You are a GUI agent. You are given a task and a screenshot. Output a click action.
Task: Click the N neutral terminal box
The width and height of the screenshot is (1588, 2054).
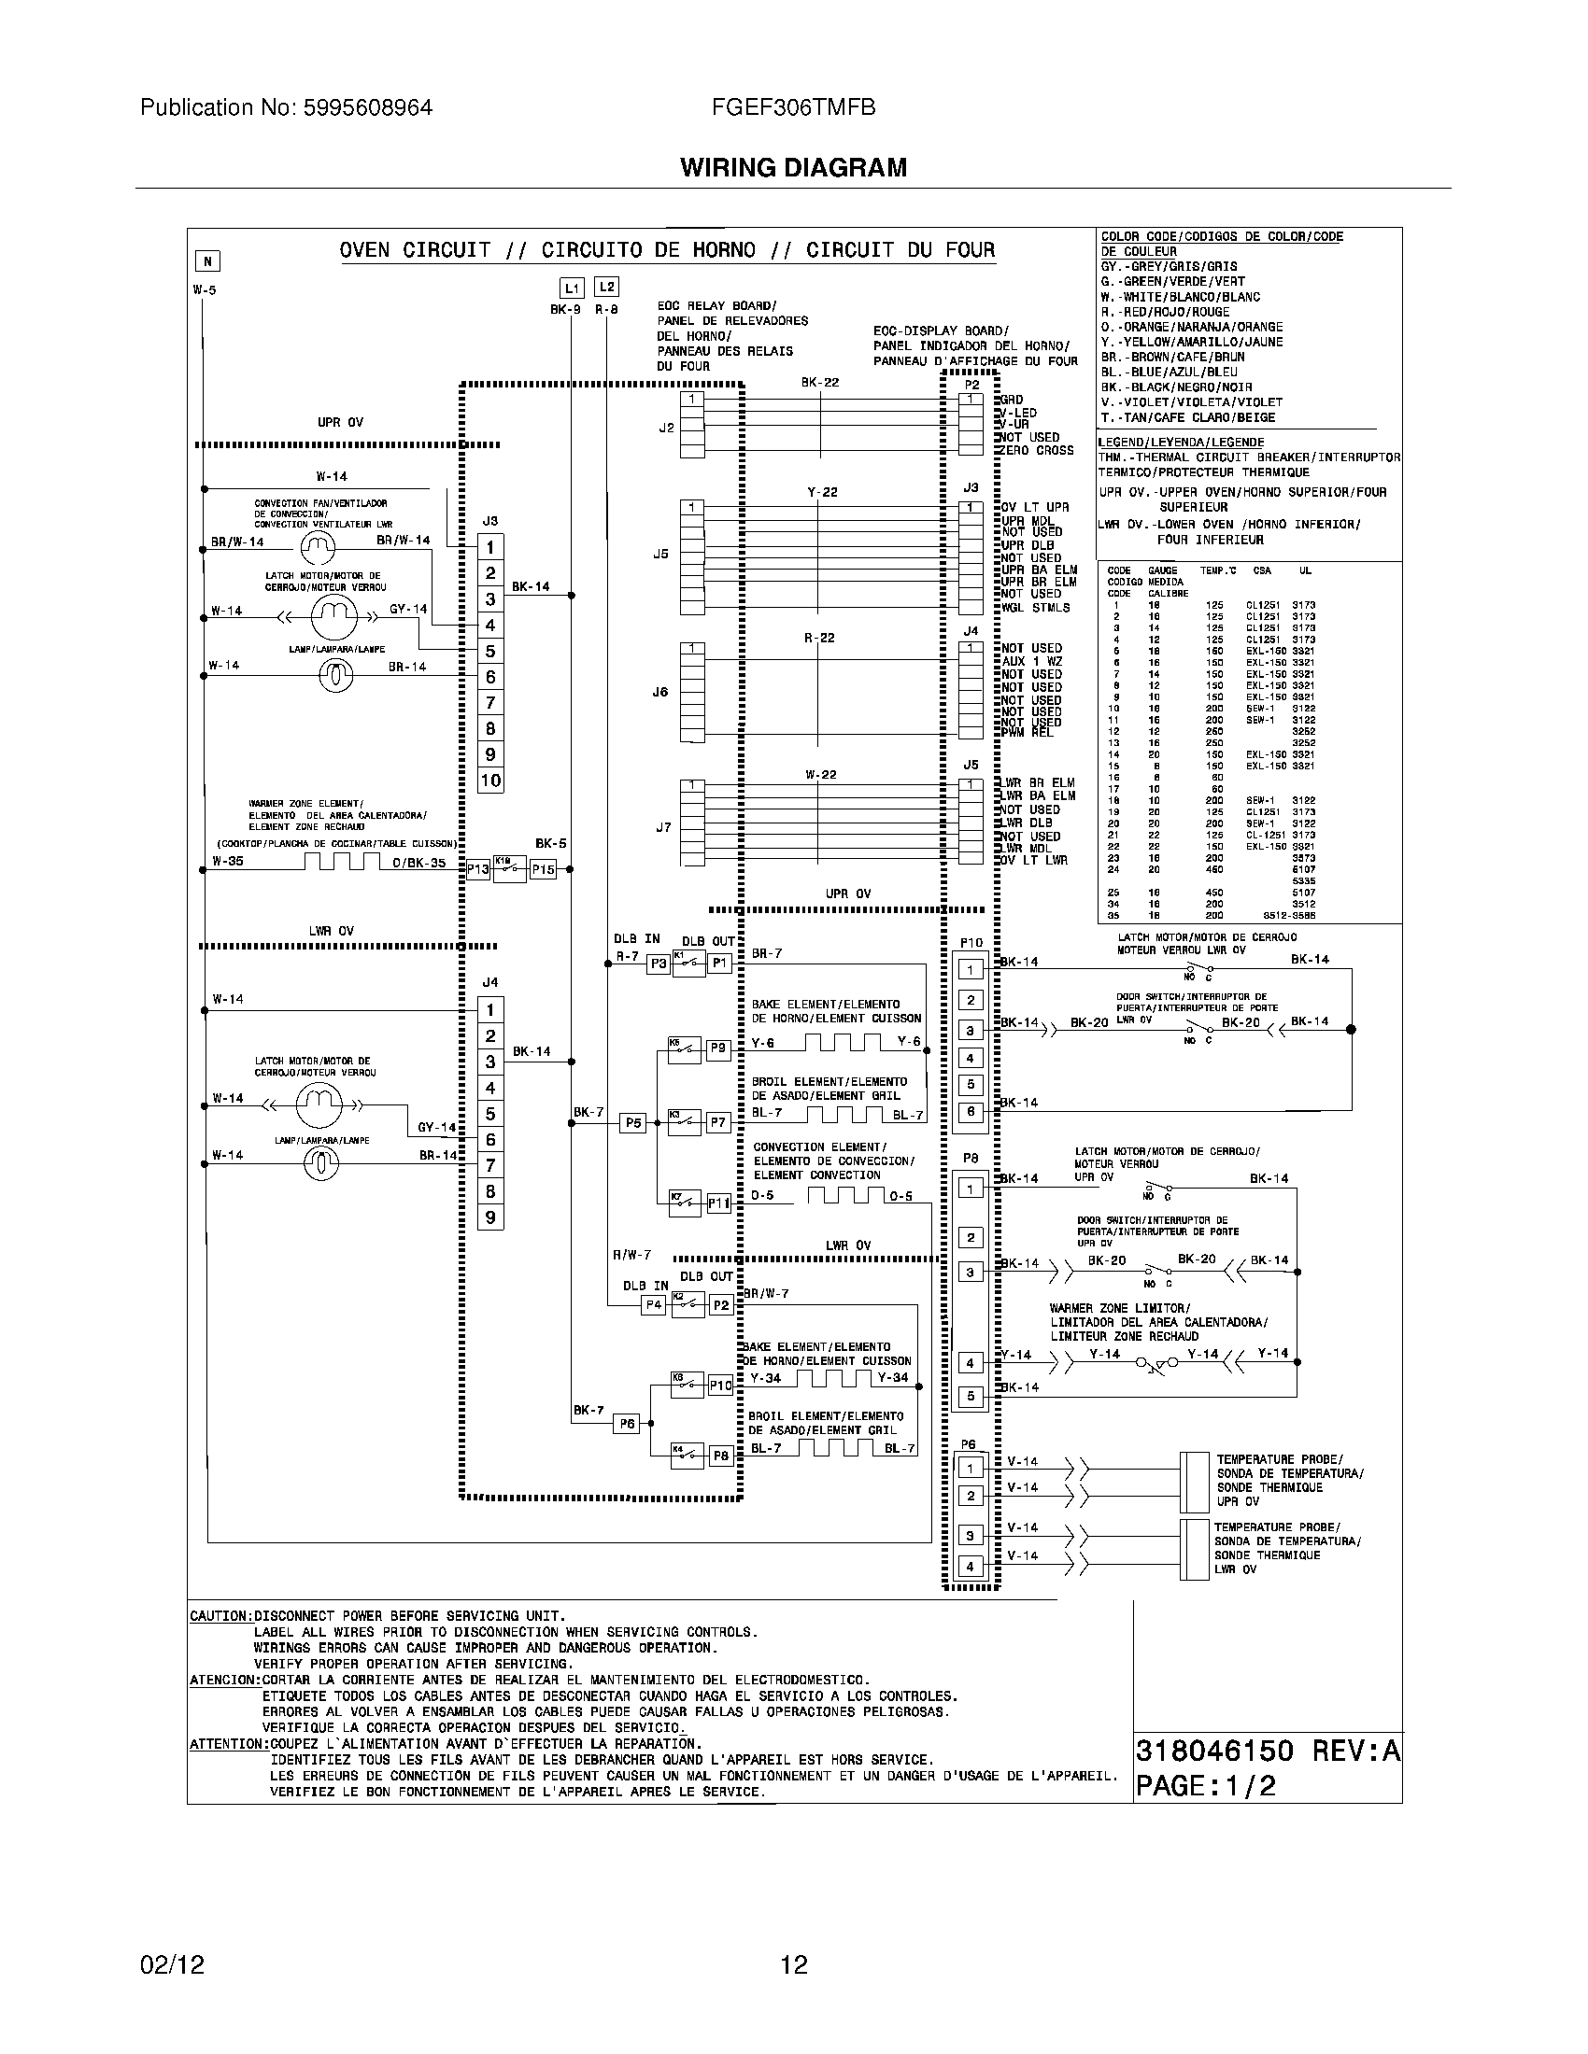click(207, 261)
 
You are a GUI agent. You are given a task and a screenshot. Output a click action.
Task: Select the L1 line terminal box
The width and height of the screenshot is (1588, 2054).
click(572, 288)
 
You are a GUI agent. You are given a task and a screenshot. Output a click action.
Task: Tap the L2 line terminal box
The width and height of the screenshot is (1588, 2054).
click(607, 288)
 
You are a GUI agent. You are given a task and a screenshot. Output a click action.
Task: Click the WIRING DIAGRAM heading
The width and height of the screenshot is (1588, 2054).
click(793, 167)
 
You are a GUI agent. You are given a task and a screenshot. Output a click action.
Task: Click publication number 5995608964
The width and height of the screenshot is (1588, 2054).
click(286, 107)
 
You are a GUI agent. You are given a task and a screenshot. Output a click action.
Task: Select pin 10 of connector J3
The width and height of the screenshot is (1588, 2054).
click(491, 780)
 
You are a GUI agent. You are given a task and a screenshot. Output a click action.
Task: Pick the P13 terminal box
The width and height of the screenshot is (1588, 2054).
click(478, 870)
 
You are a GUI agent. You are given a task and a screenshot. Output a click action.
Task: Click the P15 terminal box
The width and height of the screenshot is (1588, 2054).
click(544, 870)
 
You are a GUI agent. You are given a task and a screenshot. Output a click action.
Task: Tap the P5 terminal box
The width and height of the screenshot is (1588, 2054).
click(633, 1122)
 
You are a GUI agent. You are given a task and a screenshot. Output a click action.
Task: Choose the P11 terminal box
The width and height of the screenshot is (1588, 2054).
click(718, 1203)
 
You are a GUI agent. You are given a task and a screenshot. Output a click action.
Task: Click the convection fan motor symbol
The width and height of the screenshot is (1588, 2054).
click(317, 546)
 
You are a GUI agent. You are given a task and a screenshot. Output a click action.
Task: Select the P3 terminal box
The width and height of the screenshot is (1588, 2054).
click(659, 964)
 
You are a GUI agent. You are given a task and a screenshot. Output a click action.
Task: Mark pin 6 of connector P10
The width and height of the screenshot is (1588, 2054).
click(971, 1112)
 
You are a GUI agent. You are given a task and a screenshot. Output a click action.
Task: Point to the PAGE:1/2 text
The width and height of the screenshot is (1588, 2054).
click(1206, 1786)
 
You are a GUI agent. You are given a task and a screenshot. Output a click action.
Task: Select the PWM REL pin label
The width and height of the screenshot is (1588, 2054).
click(1028, 733)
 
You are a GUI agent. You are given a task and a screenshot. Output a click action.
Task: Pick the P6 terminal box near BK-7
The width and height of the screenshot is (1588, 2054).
click(627, 1424)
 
